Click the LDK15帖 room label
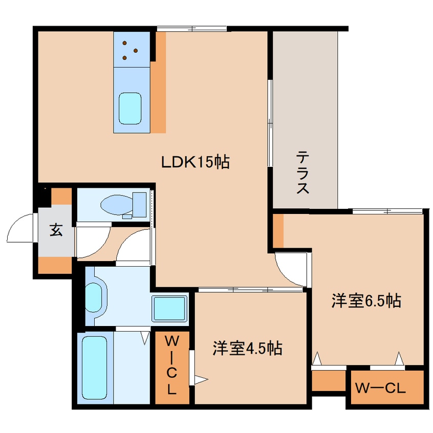[x=195, y=162]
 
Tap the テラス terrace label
[x=303, y=172]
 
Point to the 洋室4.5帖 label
[x=247, y=349]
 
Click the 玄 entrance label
[x=56, y=230]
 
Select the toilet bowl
[x=116, y=205]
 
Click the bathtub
[x=94, y=367]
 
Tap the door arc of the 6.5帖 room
[x=291, y=267]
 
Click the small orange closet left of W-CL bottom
[x=328, y=380]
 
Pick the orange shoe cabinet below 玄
[x=55, y=265]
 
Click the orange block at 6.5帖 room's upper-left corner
[x=278, y=230]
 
